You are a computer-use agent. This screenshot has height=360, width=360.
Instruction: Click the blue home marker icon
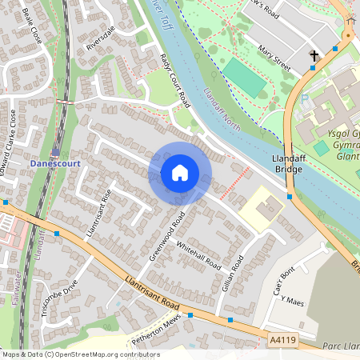point(180,173)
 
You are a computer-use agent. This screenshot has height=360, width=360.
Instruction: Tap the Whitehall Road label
point(198,254)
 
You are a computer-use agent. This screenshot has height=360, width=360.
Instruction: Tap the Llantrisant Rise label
point(97,215)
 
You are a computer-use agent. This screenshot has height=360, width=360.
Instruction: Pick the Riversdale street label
point(101,38)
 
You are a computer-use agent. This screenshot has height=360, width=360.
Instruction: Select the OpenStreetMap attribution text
point(80,354)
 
